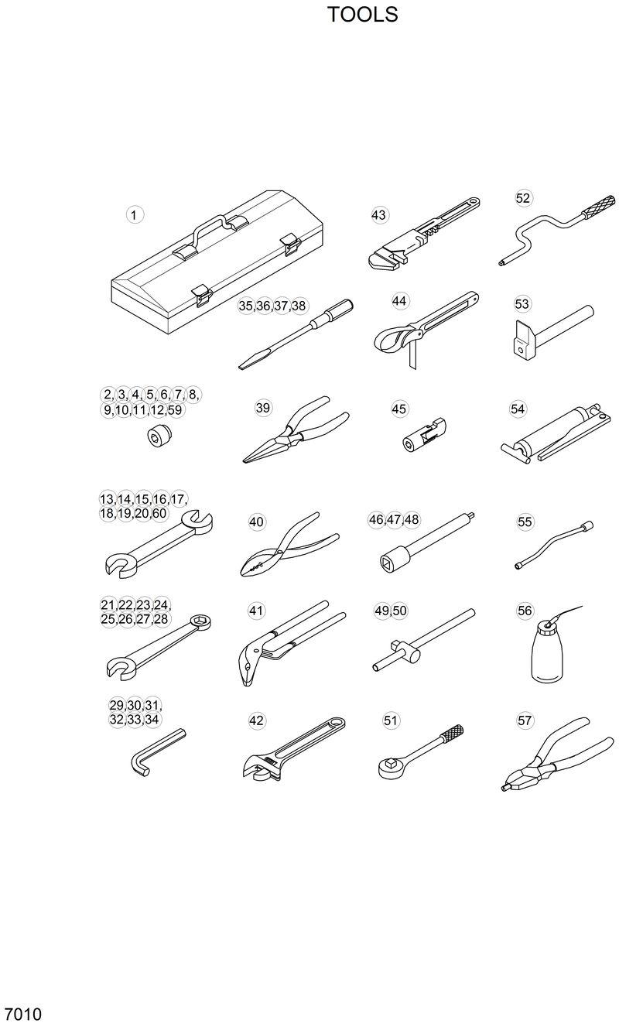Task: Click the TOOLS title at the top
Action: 362,15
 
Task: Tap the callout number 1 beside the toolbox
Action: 135,214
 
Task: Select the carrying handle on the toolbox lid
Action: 210,228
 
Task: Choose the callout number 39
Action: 263,408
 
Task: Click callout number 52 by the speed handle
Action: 524,198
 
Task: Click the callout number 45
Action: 399,408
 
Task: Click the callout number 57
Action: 525,720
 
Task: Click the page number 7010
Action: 22,1015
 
